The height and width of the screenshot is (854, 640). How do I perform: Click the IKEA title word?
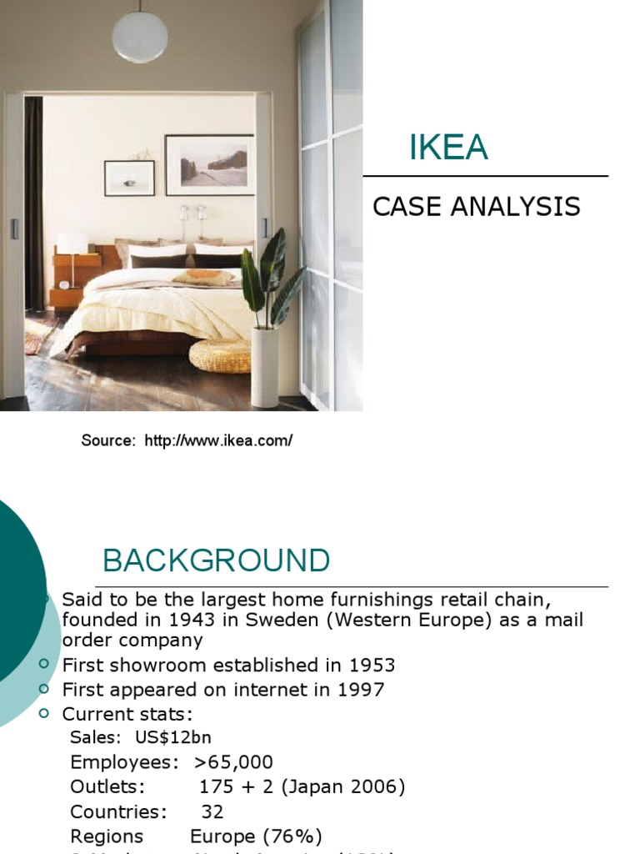448,148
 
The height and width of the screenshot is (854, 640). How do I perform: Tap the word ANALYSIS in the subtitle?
516,206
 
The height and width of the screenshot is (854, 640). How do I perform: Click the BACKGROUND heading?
216,560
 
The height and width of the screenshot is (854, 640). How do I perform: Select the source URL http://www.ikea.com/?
218,440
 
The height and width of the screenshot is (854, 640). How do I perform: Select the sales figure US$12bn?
179,737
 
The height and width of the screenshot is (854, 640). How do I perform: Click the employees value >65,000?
233,762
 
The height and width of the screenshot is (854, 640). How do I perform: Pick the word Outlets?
107,787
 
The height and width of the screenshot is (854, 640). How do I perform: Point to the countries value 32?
212,811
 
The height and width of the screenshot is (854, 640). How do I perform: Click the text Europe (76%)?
256,836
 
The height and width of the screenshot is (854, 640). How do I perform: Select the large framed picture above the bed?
209,164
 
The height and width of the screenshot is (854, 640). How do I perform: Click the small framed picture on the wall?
129,178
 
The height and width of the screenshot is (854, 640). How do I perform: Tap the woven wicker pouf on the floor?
220,355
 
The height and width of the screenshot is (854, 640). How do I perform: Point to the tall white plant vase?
264,366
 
